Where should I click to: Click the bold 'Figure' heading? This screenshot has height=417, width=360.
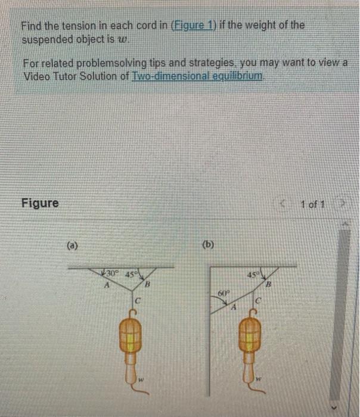coord(40,203)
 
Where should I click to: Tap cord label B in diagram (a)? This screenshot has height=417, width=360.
coord(148,288)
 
